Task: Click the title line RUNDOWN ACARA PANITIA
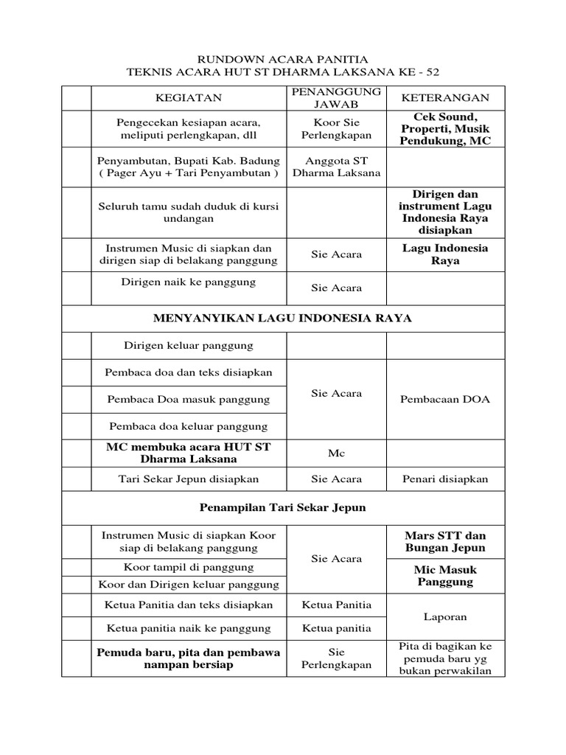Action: click(x=283, y=58)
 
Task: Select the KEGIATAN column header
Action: click(x=188, y=97)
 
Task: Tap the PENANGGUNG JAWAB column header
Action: click(x=336, y=97)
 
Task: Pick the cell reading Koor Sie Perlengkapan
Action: click(x=336, y=129)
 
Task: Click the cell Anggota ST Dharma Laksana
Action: click(x=336, y=167)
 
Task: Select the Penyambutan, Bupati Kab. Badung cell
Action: click(x=188, y=167)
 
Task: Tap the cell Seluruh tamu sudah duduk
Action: click(x=188, y=212)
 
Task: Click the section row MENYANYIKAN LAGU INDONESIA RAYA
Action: click(x=283, y=319)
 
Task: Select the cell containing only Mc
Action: click(x=336, y=453)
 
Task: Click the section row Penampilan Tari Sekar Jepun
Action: click(x=283, y=508)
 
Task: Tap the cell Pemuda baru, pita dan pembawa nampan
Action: click(x=188, y=658)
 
